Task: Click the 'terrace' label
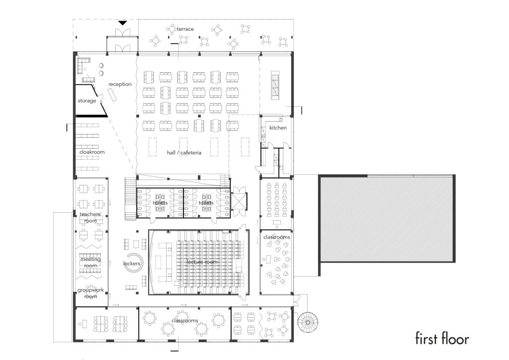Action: tap(185, 29)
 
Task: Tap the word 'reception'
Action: tap(120, 84)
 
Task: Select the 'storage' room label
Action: tap(86, 101)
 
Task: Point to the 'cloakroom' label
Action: tap(92, 152)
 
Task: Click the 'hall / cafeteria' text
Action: tap(184, 153)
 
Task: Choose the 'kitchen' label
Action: tap(278, 128)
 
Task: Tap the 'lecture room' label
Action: tap(202, 262)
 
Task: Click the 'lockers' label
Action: tap(132, 263)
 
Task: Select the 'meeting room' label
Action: tap(90, 262)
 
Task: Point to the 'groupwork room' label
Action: tap(90, 293)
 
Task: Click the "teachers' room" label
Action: tap(90, 217)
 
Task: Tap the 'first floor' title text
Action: tap(442, 339)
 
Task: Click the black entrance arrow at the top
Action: tap(122, 23)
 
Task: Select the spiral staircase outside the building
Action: tap(308, 322)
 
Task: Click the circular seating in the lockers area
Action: tap(133, 264)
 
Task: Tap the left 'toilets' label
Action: tap(160, 203)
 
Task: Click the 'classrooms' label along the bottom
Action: tap(185, 321)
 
